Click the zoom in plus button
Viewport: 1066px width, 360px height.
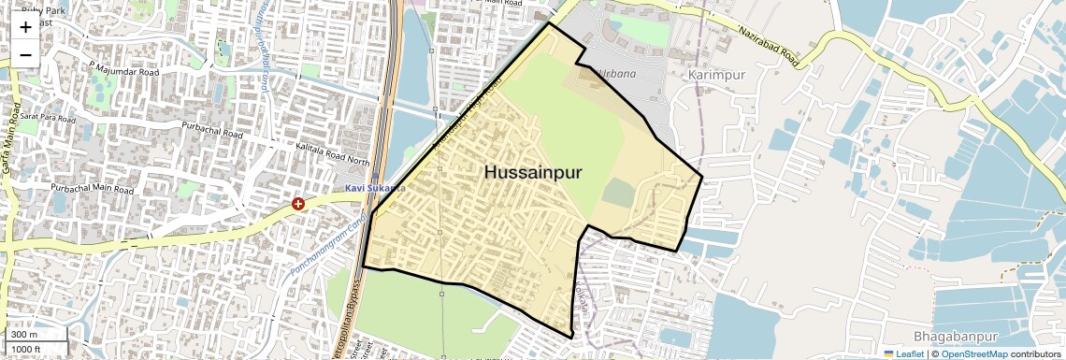pos(25,27)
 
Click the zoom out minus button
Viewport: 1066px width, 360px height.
pos(25,54)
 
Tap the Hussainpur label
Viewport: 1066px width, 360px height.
pos(533,172)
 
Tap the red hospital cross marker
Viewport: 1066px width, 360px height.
pos(298,203)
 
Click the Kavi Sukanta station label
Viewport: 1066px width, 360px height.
pos(375,188)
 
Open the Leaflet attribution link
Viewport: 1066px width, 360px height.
pos(903,353)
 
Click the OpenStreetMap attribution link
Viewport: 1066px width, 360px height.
pos(973,353)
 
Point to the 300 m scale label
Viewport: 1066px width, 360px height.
pos(23,335)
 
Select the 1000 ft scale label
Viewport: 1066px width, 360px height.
pos(25,349)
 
